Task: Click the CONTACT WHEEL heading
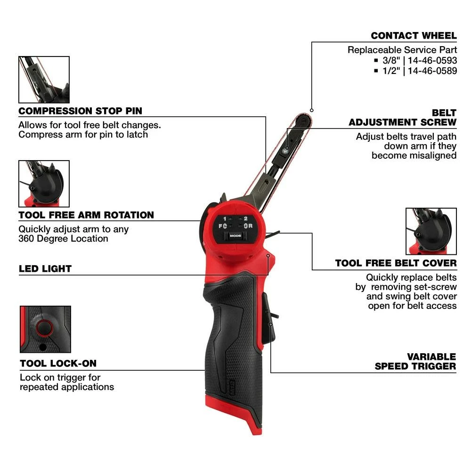point(413,36)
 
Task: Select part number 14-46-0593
point(432,60)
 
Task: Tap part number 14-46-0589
point(432,71)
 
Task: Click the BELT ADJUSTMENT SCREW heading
point(403,118)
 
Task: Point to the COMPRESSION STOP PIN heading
point(80,111)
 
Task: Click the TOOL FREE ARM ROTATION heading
point(86,215)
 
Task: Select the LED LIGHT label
point(45,269)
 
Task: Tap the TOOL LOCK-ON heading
point(58,364)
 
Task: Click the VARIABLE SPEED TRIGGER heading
point(415,361)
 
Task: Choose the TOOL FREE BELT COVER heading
point(396,263)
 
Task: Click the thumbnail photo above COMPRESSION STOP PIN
point(44,80)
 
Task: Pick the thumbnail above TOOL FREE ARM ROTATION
point(44,184)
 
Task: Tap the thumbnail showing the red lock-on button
point(45,329)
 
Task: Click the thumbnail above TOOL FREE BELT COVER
point(431,231)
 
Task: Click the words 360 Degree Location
point(63,238)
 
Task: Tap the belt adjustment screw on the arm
point(286,150)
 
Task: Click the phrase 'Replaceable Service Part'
point(402,49)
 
